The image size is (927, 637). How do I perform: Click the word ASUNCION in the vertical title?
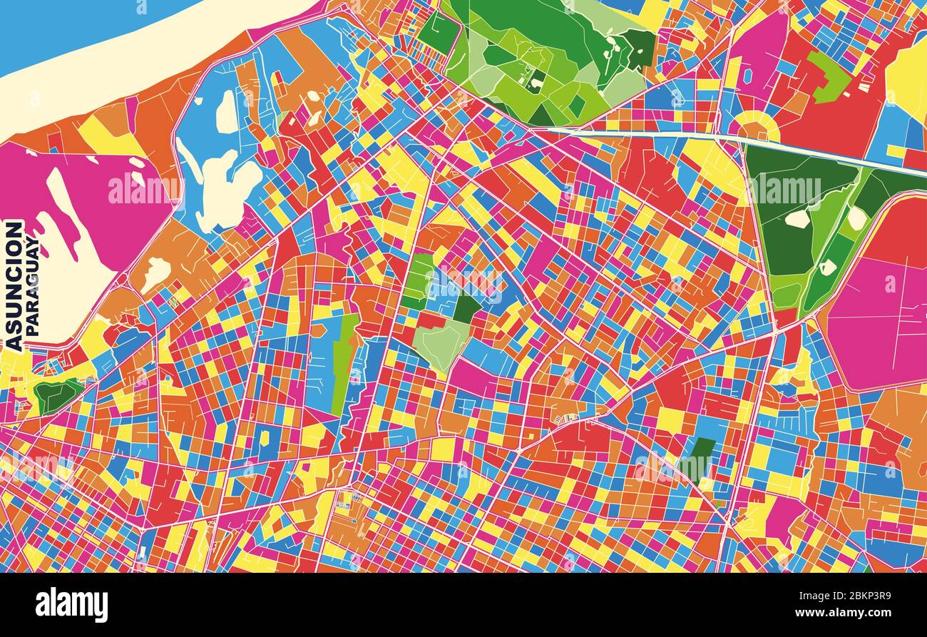pos(14,285)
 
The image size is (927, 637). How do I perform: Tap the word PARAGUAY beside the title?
pos(33,285)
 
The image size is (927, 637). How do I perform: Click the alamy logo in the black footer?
pos(71,605)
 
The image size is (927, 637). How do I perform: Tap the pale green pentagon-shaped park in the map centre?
pos(441,344)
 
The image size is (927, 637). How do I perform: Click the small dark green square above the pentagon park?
pos(466,307)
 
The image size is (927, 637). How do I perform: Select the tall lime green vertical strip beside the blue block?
pos(345,364)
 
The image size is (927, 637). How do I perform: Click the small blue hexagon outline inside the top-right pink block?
pos(747,75)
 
